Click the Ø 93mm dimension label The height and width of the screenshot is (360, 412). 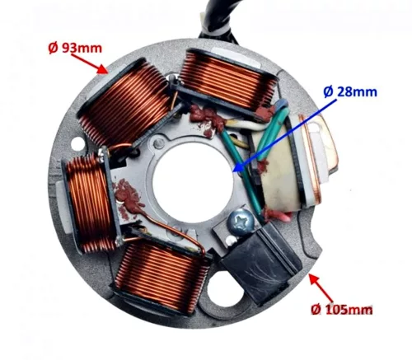click(75, 49)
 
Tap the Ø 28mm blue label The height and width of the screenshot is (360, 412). click(350, 91)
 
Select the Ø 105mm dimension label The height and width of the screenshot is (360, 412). click(342, 310)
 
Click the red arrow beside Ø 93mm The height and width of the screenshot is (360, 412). click(89, 64)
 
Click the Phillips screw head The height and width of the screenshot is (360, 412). click(241, 222)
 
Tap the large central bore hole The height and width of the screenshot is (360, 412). click(193, 185)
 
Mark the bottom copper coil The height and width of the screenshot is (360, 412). click(162, 278)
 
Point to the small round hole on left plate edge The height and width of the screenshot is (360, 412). click(77, 143)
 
